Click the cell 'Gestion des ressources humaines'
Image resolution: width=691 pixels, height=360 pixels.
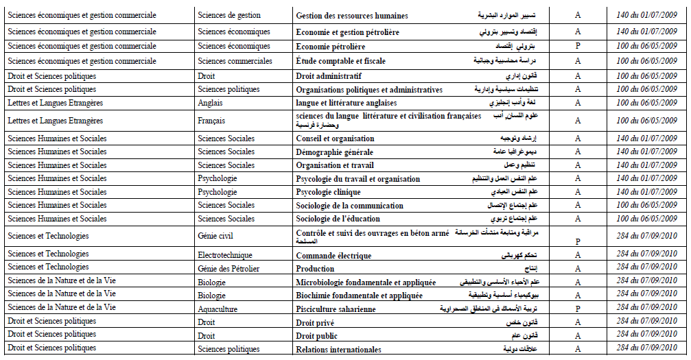tap(351, 16)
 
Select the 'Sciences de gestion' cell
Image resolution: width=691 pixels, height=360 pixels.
tap(229, 15)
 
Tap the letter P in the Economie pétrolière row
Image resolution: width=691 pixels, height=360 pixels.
tap(578, 47)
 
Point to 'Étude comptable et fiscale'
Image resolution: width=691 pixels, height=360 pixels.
tap(340, 61)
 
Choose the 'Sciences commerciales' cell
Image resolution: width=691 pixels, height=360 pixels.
tap(235, 61)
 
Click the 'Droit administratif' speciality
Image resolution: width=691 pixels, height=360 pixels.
tap(329, 76)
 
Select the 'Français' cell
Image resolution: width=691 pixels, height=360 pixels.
tap(211, 121)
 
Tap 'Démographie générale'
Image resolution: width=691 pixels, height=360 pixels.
tap(334, 152)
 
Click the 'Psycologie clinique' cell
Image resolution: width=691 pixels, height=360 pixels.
tap(328, 192)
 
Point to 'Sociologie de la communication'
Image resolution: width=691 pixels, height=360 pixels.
tap(349, 206)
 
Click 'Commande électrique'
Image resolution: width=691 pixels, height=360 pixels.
tap(333, 256)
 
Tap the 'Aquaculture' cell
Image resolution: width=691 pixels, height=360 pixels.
tap(218, 309)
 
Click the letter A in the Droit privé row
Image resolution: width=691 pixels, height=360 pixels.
tap(578, 322)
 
